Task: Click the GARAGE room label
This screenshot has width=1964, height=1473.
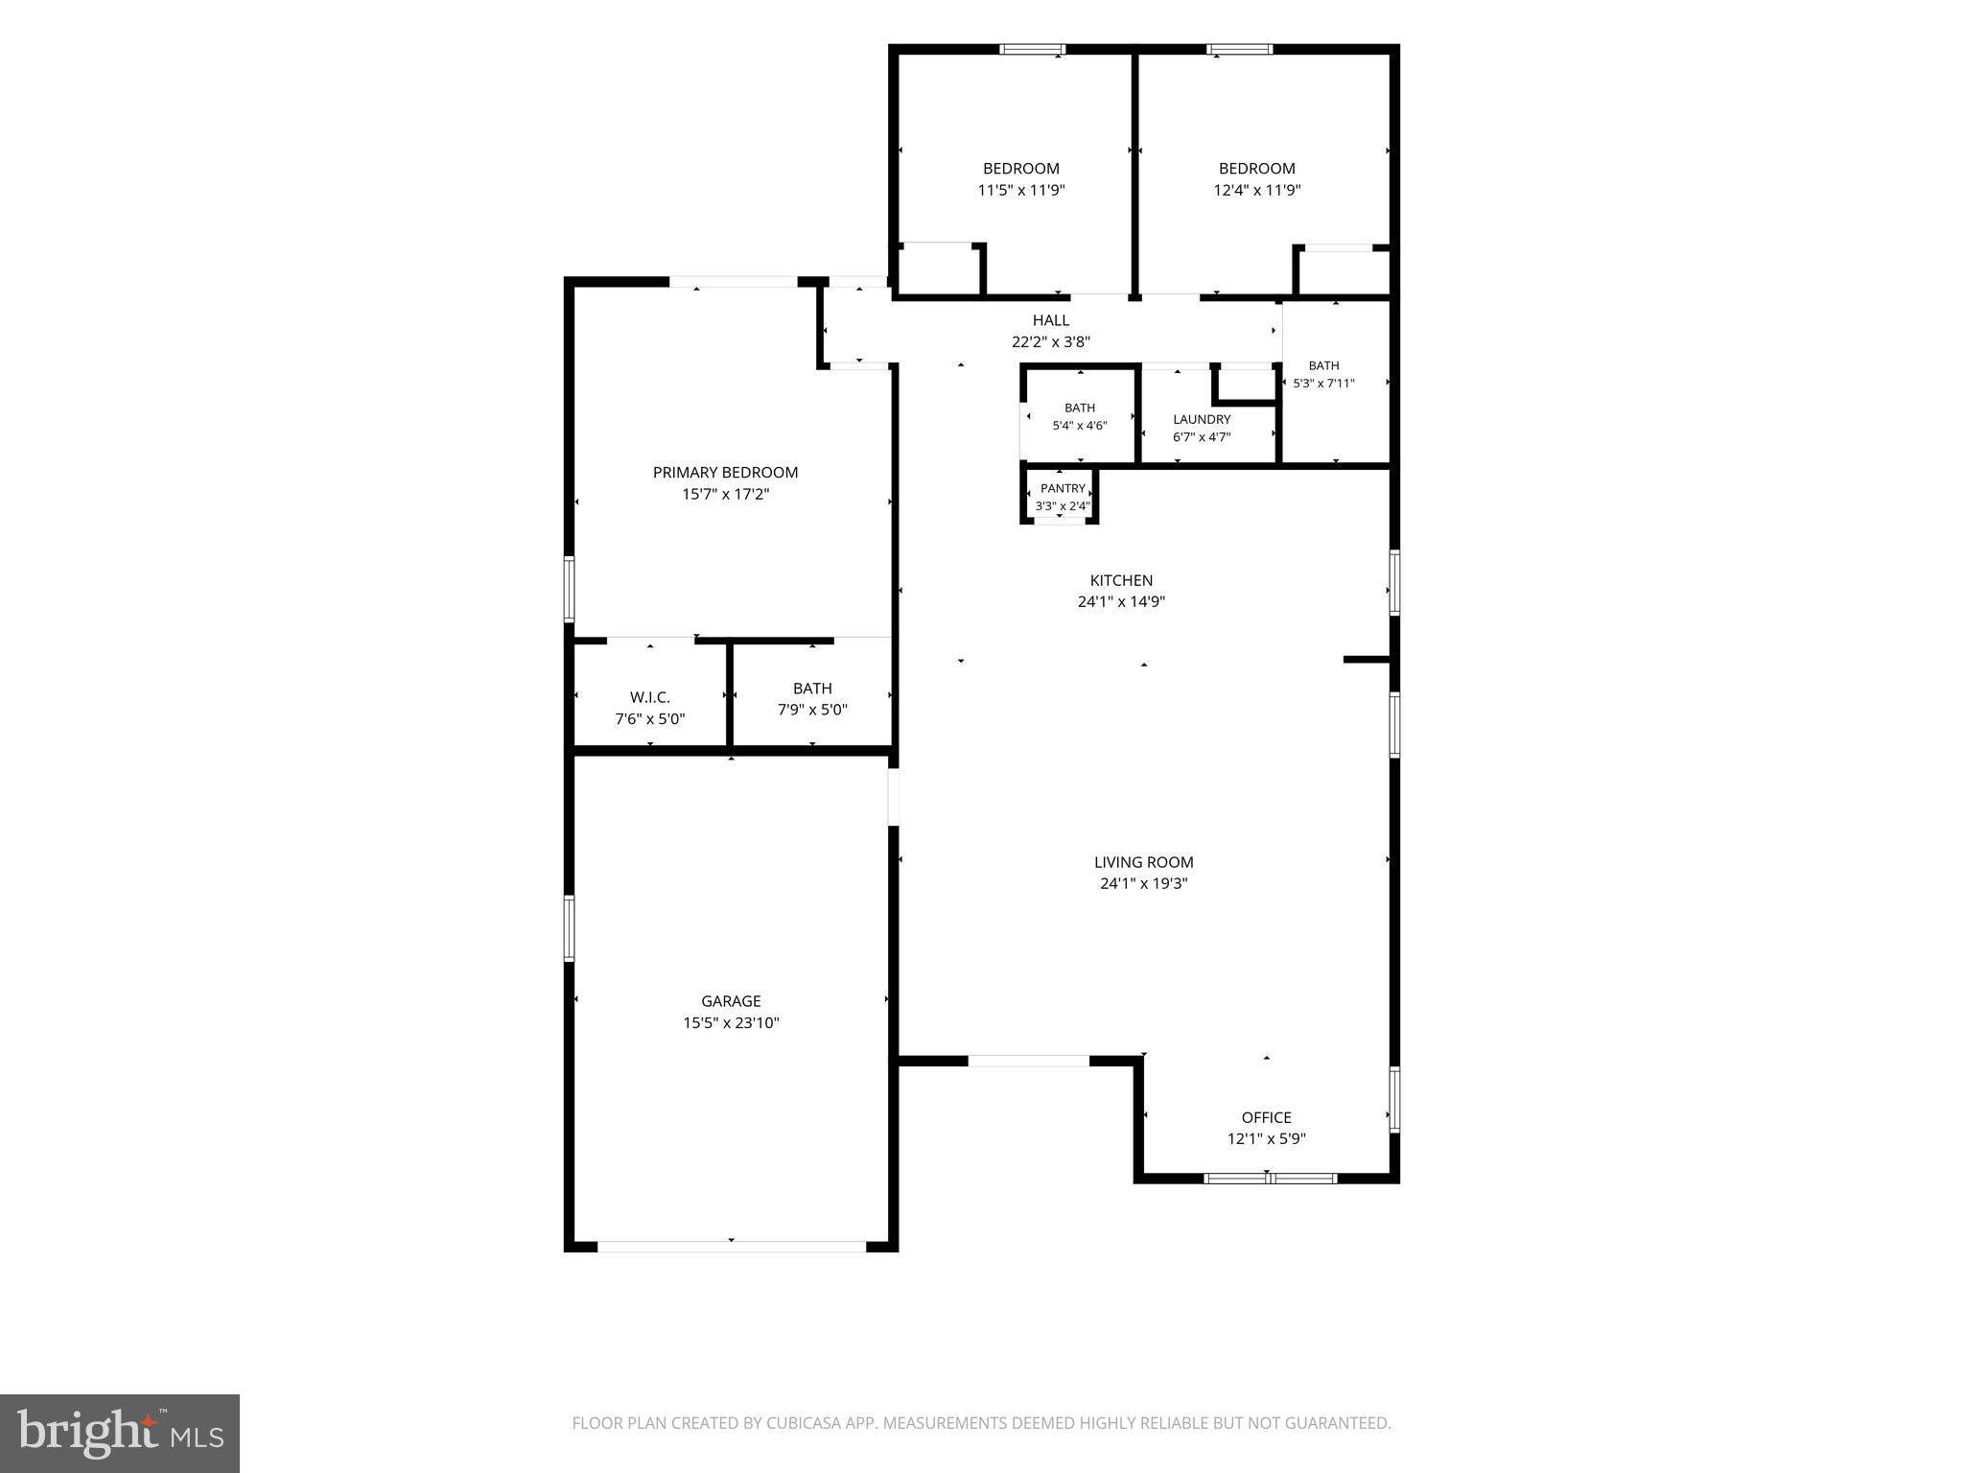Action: pos(731,1001)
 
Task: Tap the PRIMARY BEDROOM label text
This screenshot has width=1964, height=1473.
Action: pos(725,472)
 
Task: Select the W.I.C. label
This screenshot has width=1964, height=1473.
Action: pos(649,697)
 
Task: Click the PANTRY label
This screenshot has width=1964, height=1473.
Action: pos(1063,488)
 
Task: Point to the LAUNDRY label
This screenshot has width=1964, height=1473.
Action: pos(1202,419)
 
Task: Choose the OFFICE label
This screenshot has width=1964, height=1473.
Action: pos(1266,1117)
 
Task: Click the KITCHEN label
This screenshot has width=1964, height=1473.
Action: pos(1121,580)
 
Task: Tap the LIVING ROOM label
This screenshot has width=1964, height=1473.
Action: pos(1143,862)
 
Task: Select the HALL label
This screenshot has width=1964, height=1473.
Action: pos(1051,320)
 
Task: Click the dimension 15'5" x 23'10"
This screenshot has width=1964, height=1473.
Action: pos(731,1023)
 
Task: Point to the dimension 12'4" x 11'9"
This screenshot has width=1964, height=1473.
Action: pos(1256,190)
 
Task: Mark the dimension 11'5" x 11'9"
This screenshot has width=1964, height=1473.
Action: pos(1020,190)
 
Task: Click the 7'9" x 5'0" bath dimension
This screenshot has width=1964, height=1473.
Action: pos(812,710)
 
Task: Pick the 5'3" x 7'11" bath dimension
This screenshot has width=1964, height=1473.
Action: pos(1323,383)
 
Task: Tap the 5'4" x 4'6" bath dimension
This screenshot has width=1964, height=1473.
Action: pos(1080,425)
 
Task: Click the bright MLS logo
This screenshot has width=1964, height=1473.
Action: pos(120,1433)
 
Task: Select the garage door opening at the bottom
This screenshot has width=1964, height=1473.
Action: pos(732,1246)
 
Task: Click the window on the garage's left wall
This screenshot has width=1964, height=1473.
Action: pos(569,927)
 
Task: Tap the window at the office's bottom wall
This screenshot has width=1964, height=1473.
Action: pos(1270,1178)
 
